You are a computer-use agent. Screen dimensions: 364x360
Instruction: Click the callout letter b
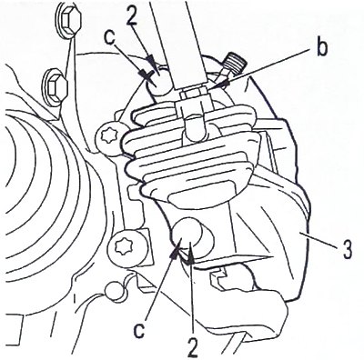pos(321,48)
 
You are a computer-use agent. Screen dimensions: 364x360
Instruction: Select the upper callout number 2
pos(132,16)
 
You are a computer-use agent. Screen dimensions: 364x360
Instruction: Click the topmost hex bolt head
pos(68,21)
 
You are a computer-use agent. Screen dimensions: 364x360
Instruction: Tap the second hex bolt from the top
pos(56,87)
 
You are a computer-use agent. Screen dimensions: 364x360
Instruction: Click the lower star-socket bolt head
pos(124,247)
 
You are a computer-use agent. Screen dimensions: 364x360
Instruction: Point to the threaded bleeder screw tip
pos(237,64)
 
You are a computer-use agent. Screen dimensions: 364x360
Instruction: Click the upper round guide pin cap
pos(160,81)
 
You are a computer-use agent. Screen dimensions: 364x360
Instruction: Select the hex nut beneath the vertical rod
pos(192,94)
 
